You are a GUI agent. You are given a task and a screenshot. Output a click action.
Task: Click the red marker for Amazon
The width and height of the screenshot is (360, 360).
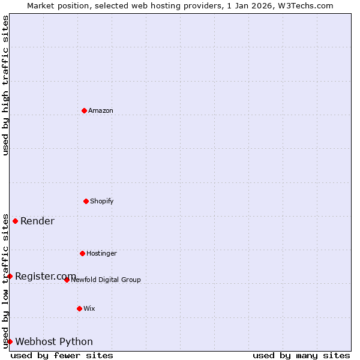[x=84, y=110]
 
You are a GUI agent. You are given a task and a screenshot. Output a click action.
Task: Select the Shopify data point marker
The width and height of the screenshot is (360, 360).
[x=86, y=201]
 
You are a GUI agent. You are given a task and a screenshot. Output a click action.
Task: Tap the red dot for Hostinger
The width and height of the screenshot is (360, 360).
[x=82, y=253]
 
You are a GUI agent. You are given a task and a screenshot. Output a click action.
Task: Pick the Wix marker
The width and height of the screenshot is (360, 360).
[x=79, y=308]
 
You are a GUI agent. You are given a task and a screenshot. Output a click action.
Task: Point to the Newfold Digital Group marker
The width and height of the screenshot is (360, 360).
[x=67, y=280]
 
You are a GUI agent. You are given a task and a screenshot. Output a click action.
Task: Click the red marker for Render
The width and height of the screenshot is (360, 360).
[x=16, y=221]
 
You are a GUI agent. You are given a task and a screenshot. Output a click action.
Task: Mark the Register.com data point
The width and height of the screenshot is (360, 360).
[x=10, y=276]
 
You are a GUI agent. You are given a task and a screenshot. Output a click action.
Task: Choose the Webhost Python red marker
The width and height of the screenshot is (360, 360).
[x=10, y=341]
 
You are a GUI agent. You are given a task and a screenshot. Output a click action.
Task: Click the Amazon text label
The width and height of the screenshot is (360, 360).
[x=101, y=110]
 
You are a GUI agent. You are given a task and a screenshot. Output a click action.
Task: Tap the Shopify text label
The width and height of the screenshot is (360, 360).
[x=102, y=201]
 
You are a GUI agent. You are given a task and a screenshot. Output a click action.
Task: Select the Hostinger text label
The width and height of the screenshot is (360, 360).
[x=101, y=253]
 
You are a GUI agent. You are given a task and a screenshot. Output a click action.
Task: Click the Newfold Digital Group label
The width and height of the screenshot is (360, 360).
[x=106, y=280]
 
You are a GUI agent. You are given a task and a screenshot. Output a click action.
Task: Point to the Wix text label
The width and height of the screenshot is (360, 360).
[x=89, y=308]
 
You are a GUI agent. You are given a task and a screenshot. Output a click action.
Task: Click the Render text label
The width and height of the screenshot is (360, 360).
[x=37, y=221]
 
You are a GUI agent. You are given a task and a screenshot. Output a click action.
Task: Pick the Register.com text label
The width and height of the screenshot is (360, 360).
[x=46, y=276]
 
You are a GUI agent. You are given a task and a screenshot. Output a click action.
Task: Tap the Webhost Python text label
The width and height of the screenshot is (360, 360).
[x=54, y=341]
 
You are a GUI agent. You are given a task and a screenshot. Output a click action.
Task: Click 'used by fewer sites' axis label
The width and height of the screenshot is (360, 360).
[x=62, y=355]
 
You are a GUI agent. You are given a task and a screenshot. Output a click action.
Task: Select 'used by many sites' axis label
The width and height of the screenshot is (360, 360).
[x=301, y=355]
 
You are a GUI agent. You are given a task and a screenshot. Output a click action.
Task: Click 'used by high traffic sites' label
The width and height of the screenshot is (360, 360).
[x=5, y=85]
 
